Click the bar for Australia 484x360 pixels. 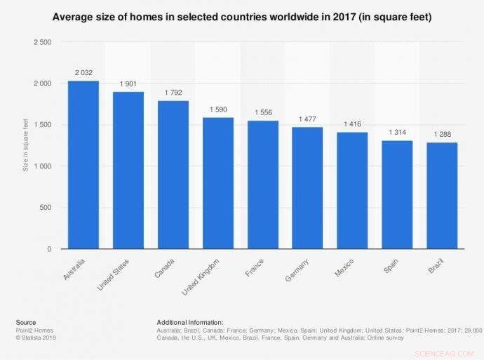coord(83,165)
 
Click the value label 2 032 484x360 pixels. coord(83,72)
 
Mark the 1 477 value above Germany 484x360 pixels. coord(307,119)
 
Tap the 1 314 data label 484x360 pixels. coord(397,132)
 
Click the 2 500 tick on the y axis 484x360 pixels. coord(41,42)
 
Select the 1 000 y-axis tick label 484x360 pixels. coord(41,166)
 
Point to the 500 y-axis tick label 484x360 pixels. coord(45,208)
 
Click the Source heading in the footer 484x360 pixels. coord(26,322)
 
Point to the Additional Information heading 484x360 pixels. coord(190,322)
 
